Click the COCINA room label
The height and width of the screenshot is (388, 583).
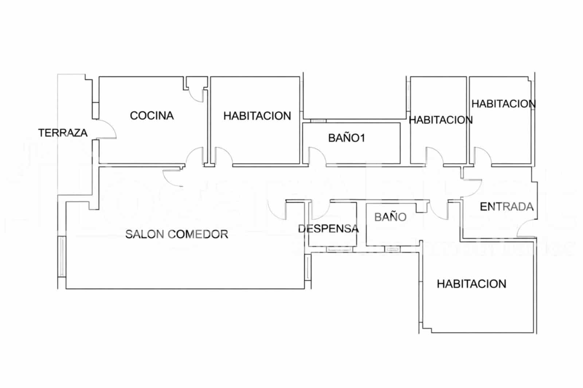coord(152,116)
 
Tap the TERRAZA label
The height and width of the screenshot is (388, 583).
coord(63,133)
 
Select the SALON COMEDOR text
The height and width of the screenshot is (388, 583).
coord(176,234)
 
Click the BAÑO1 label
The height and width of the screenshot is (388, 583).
coord(347,138)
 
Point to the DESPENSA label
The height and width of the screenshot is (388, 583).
coord(328,229)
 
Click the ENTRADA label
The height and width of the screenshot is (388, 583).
coord(506,207)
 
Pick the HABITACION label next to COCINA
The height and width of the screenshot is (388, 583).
coord(257,116)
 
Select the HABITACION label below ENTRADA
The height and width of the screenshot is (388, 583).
coord(472,284)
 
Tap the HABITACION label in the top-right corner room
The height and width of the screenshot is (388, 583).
coord(504,104)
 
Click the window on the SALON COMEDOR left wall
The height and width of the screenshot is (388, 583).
coord(62,256)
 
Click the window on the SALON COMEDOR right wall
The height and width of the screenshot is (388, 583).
coord(308,268)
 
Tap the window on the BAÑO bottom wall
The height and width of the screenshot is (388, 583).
coord(392,249)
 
